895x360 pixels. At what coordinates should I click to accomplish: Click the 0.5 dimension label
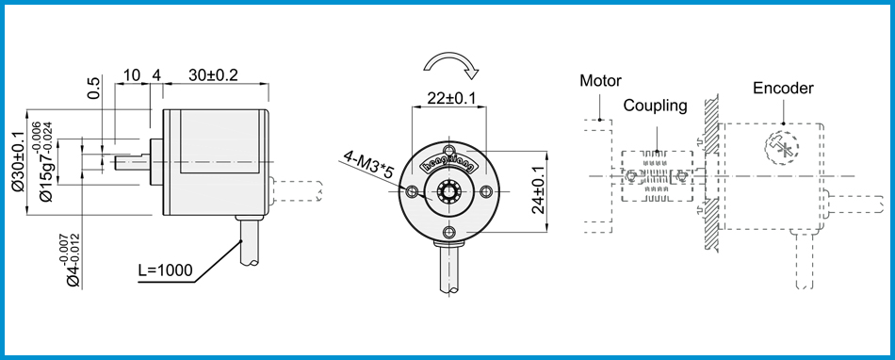click(x=93, y=90)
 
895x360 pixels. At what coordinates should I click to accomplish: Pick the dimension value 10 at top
click(x=131, y=74)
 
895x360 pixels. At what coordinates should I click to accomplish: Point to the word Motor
click(x=600, y=80)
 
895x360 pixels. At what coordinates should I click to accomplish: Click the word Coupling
click(x=655, y=106)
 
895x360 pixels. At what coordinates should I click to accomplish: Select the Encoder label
click(x=783, y=88)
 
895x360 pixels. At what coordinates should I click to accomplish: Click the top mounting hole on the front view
click(x=449, y=151)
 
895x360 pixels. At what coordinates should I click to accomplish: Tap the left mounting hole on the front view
click(x=412, y=192)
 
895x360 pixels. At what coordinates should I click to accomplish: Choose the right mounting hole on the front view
click(x=486, y=192)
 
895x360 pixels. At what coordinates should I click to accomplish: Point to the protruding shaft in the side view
click(x=131, y=162)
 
